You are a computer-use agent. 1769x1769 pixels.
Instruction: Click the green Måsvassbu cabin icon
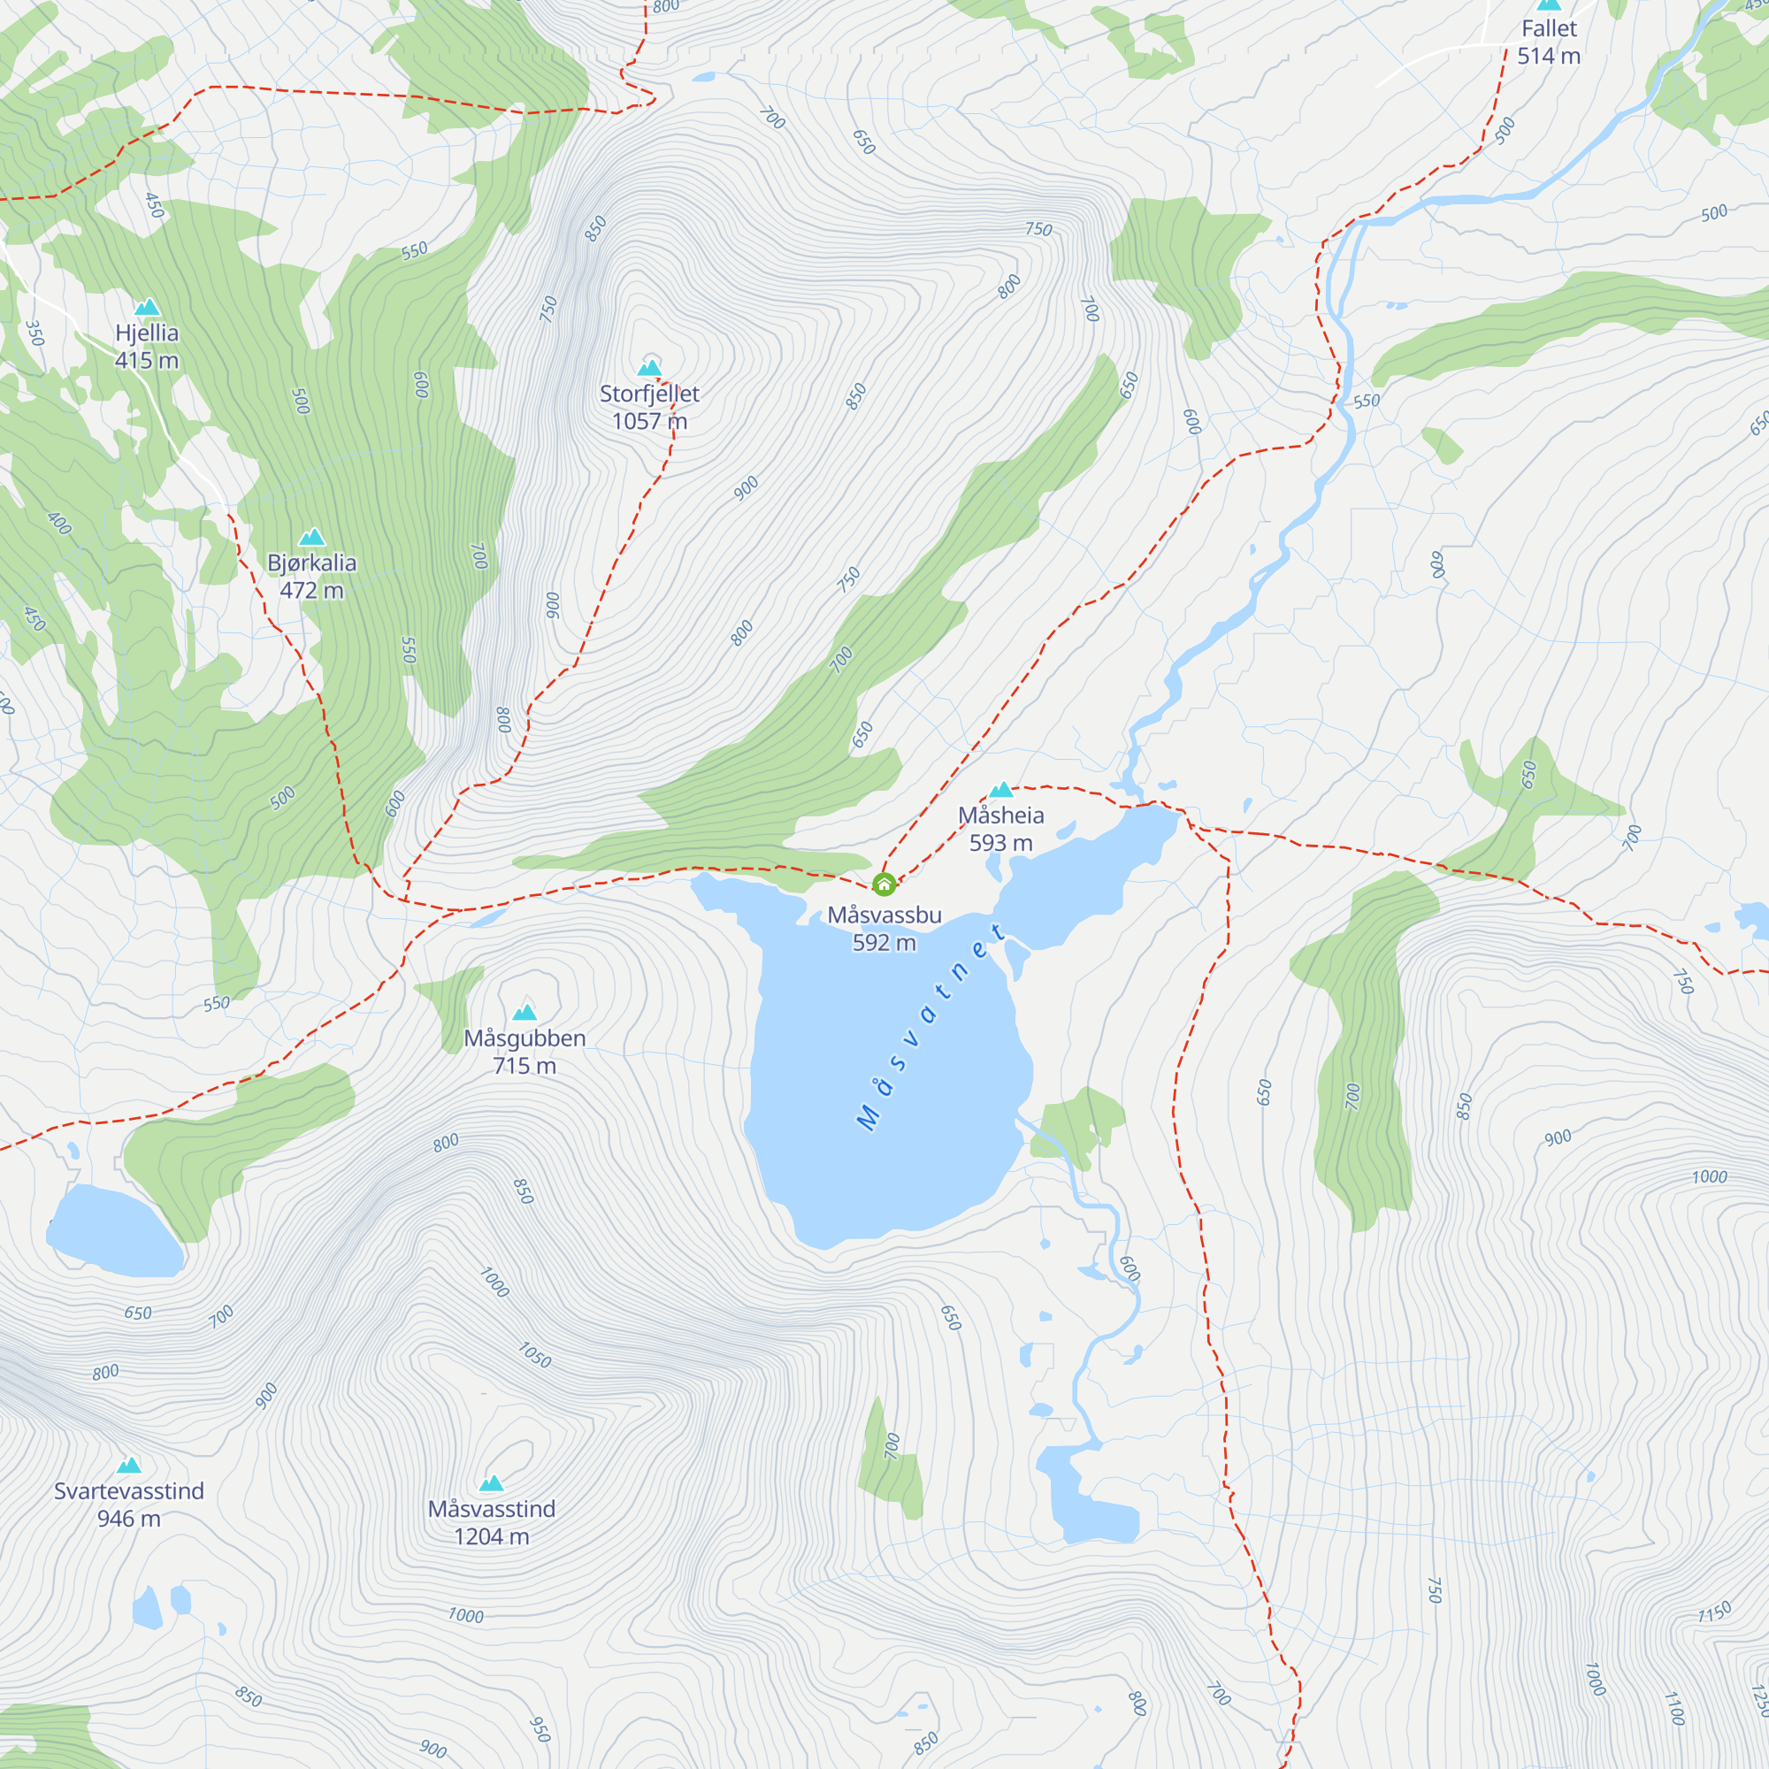click(x=884, y=884)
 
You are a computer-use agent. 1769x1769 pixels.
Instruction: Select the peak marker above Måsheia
click(x=1000, y=789)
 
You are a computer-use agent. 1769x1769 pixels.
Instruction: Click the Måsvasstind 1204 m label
click(x=492, y=1523)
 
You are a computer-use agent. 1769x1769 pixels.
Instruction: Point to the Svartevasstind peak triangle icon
click(x=129, y=1465)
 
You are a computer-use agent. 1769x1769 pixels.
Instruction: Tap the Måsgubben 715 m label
click(x=525, y=1051)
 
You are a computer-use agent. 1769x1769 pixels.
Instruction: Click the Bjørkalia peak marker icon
click(x=312, y=537)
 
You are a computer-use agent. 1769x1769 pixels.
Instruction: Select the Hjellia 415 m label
click(x=147, y=346)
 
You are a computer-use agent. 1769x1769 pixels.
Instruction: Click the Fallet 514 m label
click(x=1549, y=42)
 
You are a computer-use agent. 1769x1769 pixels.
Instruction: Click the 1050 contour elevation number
click(x=535, y=1355)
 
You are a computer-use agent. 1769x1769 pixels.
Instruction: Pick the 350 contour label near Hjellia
click(x=34, y=333)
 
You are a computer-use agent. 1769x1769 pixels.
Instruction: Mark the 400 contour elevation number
click(x=58, y=523)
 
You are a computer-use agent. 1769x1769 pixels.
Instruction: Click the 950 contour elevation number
click(x=540, y=1728)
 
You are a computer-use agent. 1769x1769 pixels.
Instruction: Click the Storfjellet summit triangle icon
click(x=649, y=368)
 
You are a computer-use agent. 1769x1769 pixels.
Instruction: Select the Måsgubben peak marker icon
click(x=525, y=1012)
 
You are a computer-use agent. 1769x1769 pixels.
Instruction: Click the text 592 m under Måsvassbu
click(x=884, y=942)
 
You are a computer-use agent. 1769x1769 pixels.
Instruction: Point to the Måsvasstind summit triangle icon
click(x=492, y=1483)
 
